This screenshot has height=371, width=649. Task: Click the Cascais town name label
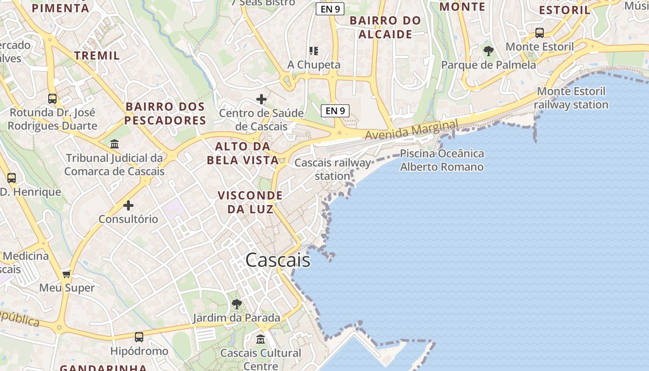point(278,260)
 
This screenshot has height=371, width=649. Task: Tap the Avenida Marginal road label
point(412,129)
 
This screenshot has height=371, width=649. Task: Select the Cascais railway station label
point(333,169)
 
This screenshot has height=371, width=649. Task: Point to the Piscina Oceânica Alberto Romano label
point(442,160)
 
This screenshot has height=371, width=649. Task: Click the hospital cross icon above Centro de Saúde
point(261,99)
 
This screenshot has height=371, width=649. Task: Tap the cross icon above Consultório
point(128,205)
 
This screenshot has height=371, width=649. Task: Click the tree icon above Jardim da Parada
point(237,304)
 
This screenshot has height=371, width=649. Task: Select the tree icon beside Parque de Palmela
point(488,51)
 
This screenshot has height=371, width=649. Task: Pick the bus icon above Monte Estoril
point(540,33)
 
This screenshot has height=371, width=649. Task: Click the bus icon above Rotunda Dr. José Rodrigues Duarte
point(52,99)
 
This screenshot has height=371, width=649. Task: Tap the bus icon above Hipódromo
point(139,337)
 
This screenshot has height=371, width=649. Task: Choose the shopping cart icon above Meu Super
point(67,274)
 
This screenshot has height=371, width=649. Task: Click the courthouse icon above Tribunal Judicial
point(115,144)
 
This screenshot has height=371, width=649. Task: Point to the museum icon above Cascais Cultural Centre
point(261,339)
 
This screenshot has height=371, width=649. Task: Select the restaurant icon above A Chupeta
point(314,51)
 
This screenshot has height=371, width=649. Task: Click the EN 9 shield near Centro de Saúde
point(335,110)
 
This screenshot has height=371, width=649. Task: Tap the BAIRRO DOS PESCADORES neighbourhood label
point(165,114)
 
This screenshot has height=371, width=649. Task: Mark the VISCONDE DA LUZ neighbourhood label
point(250,202)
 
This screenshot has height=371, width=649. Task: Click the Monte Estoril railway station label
point(571,98)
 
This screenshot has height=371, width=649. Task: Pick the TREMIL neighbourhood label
point(97,56)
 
